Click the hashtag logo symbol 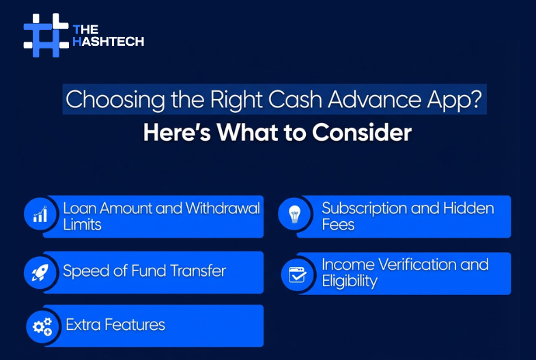tap(46, 34)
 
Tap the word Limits tap(82, 225)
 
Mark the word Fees tap(338, 225)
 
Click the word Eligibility tap(350, 281)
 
